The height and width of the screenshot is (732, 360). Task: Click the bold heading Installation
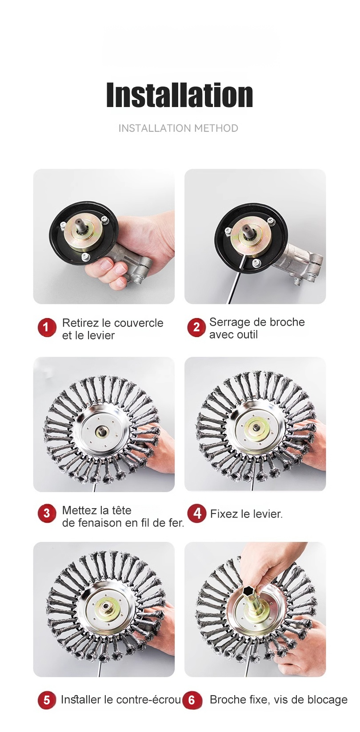coord(180,95)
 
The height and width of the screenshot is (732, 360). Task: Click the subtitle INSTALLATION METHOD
coord(178,128)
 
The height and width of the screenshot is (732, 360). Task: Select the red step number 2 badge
coord(196,327)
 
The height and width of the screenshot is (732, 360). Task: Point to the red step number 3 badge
coord(47,513)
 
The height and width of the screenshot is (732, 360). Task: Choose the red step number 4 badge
coord(197,513)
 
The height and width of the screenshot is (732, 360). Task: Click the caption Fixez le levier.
coord(246,514)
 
